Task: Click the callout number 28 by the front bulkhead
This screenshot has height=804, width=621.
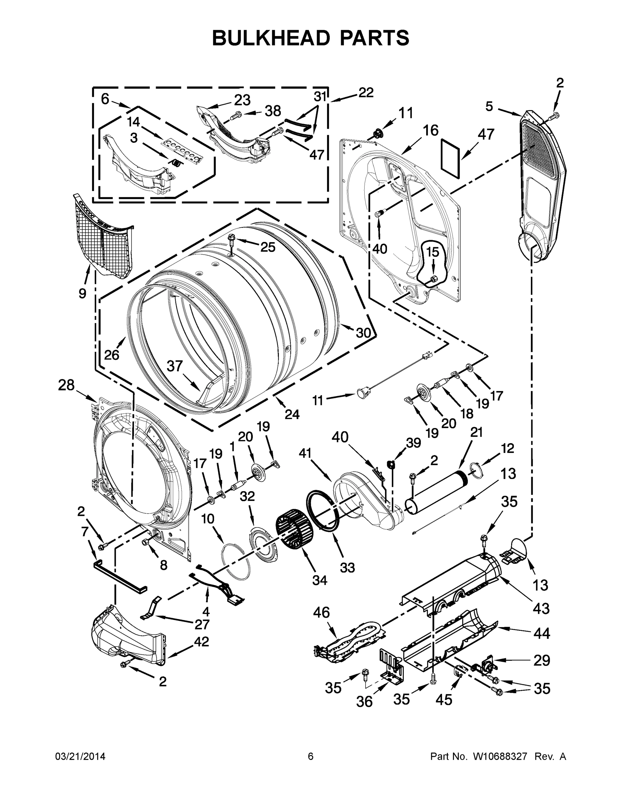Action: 66,386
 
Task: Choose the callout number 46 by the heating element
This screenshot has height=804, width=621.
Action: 321,613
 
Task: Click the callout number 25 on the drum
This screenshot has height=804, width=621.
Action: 268,247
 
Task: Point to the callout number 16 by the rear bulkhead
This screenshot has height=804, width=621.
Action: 430,130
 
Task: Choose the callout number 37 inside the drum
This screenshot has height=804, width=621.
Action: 175,366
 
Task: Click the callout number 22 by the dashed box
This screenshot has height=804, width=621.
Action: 366,92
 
